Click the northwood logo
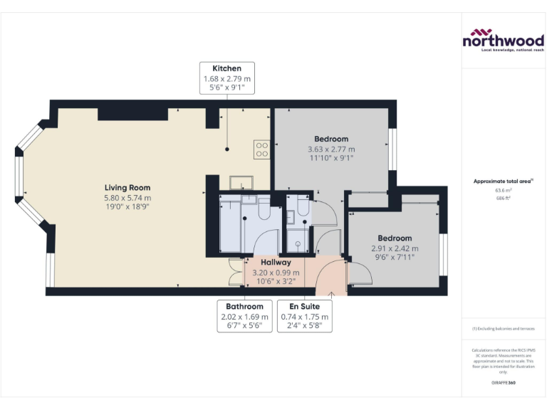(x=503, y=40)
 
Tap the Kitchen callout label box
(x=226, y=78)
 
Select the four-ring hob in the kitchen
(x=261, y=149)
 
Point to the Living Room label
(x=127, y=188)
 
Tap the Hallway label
(x=276, y=263)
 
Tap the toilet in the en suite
(x=303, y=206)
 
